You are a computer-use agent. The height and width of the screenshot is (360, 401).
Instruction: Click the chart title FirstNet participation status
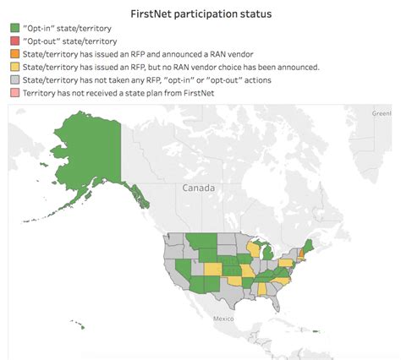200,15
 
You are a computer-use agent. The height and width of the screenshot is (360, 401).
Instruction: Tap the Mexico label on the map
222,319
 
